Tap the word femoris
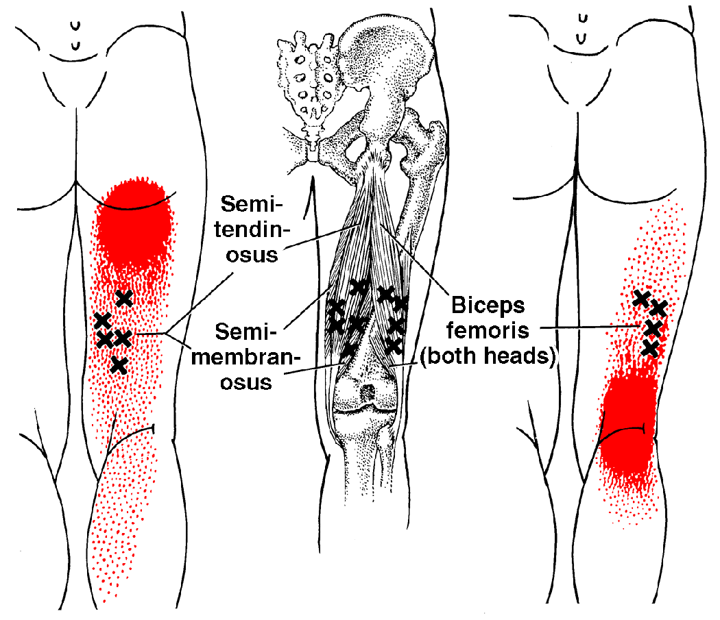click(488, 330)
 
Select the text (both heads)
click(488, 356)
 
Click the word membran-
click(245, 356)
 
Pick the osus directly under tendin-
click(252, 255)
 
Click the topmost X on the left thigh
click(124, 299)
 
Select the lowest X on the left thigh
click(119, 365)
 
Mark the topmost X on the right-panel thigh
click(641, 298)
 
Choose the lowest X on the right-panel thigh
click(650, 348)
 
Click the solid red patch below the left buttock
click(134, 224)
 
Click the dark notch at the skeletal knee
click(368, 393)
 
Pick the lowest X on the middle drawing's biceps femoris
click(393, 345)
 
